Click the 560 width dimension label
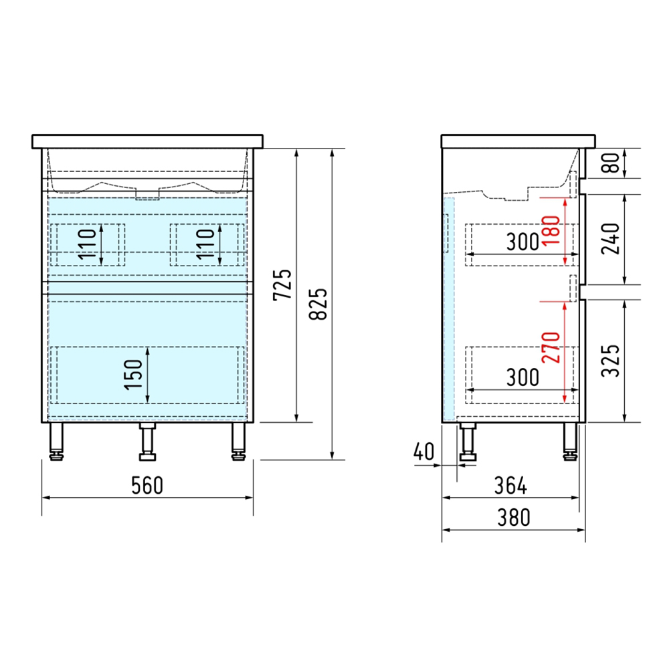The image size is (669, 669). pos(147,486)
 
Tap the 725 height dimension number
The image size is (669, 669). pos(282,285)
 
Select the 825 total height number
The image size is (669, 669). pos(318,304)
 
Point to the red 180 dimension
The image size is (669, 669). pos(551,230)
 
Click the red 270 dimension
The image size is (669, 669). pos(551,348)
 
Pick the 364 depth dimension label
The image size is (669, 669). pos(510,486)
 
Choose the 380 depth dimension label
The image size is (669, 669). pos(514,518)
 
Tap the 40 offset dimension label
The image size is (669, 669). pos(423,452)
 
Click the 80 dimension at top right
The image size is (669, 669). pos(611,163)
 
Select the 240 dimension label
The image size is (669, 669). pos(611,239)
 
